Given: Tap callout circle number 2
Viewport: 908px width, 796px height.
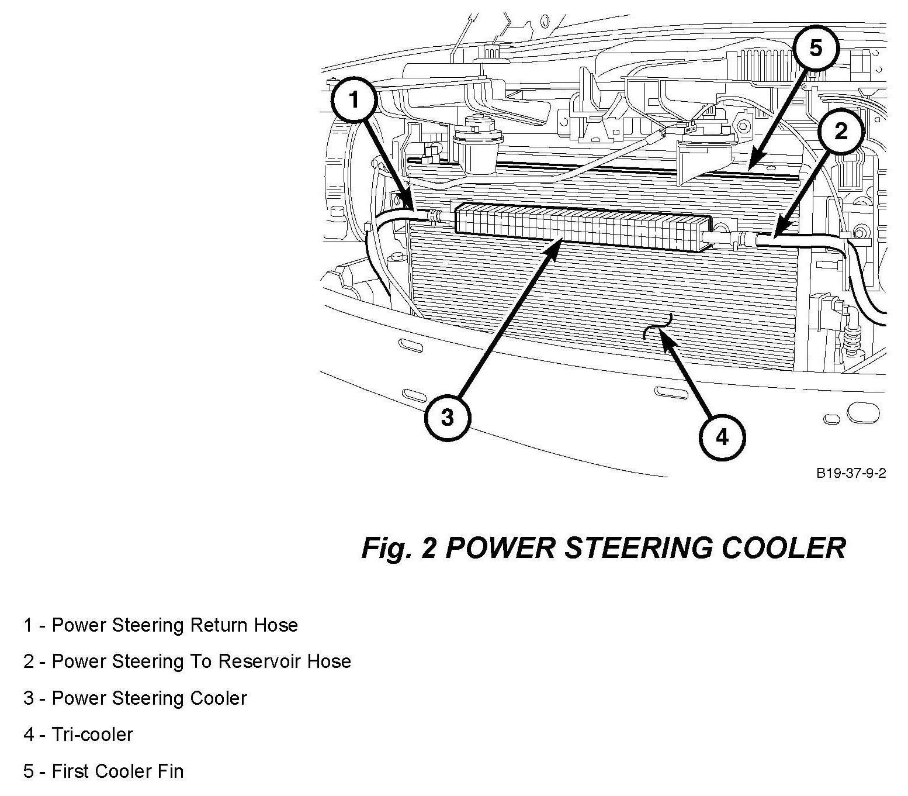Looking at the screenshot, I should (840, 132).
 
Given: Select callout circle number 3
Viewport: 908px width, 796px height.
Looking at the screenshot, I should (447, 418).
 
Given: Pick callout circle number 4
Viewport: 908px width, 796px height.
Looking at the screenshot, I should (722, 437).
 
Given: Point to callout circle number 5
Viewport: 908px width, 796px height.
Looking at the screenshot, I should (816, 48).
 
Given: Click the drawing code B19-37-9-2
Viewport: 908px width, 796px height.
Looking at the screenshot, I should (851, 473).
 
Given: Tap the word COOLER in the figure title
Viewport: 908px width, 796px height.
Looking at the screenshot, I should (784, 548).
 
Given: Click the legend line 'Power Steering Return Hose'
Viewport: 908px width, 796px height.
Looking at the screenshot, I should (161, 625).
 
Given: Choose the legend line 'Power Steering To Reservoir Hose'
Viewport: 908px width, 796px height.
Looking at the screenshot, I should (187, 661).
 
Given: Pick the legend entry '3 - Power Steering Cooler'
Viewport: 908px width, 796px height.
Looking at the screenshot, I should (135, 698).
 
